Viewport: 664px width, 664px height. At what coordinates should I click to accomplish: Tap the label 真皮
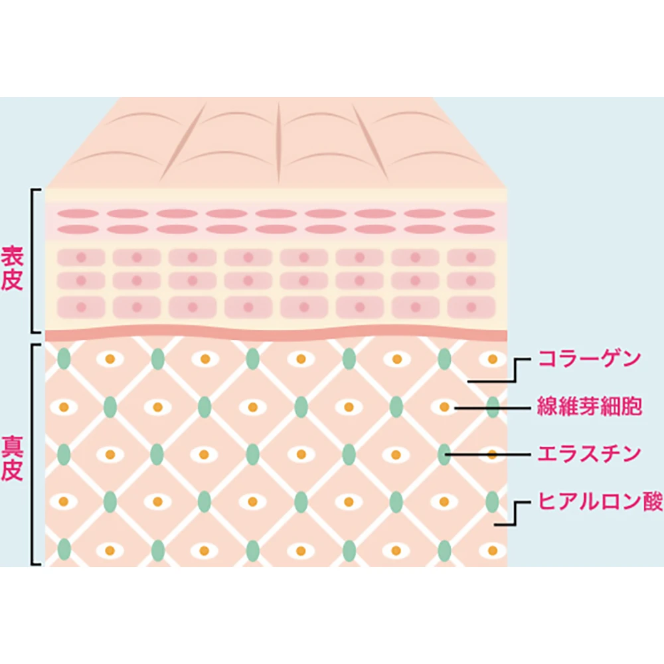tap(13, 458)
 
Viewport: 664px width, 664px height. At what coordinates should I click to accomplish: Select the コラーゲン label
tap(589, 360)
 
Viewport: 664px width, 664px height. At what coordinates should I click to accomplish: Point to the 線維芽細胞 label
tap(589, 406)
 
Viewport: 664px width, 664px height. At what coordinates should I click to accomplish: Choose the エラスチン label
tap(589, 454)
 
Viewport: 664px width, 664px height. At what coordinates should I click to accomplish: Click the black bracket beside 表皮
tap(33, 260)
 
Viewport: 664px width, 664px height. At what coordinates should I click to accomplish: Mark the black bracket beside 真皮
tap(33, 454)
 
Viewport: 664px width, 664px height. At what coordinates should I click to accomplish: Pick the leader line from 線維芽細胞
tap(491, 407)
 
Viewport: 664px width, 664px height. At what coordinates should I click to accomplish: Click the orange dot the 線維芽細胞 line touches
tap(444, 407)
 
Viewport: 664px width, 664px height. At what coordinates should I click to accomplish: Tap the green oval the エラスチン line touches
tap(444, 455)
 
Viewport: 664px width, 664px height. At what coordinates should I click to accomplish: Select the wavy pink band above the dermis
tap(276, 334)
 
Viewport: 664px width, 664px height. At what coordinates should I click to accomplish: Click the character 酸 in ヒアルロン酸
tap(653, 503)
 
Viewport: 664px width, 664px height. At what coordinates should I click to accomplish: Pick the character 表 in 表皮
tap(13, 255)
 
